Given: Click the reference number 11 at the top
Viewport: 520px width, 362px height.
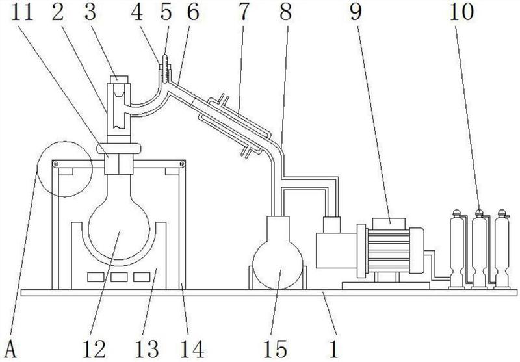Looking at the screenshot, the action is click(23, 12).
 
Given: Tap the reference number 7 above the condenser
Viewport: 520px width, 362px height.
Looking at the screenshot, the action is click(243, 12).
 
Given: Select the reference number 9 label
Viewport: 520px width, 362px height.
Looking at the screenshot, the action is click(355, 12).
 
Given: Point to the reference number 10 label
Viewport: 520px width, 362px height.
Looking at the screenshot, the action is click(461, 12).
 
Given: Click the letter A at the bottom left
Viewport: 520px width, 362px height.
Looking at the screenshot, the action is click(11, 349).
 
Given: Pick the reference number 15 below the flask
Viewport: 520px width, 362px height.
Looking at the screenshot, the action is click(275, 349).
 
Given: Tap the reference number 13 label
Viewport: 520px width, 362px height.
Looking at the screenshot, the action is click(147, 349).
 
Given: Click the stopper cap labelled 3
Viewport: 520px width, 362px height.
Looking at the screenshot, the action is click(119, 79).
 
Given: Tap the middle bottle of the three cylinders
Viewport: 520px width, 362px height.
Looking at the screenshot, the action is click(479, 249).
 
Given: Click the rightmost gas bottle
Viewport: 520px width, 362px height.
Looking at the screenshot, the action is click(502, 249).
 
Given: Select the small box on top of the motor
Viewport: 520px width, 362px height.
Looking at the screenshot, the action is click(389, 224).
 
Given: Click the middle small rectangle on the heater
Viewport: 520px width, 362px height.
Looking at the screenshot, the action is click(119, 277).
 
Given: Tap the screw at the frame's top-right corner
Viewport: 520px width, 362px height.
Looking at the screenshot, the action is click(182, 163).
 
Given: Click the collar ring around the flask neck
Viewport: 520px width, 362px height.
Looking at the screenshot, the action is click(119, 149).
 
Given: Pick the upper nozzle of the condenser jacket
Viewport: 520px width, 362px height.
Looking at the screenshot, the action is click(224, 99).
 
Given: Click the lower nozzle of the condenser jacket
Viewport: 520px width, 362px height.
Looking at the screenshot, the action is click(246, 152).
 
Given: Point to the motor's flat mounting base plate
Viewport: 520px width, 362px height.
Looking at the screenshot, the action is click(385, 286).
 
